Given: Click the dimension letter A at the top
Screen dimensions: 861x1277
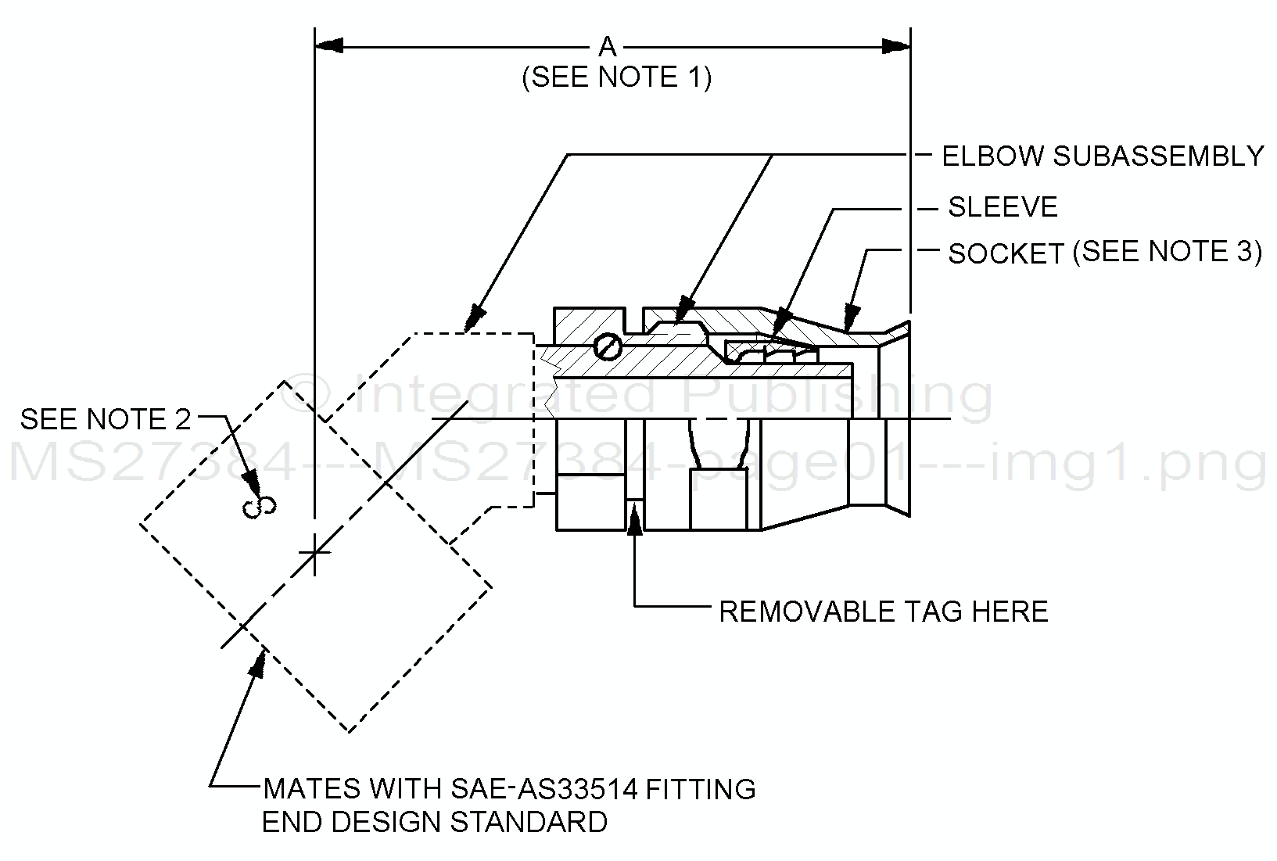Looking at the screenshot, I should point(608,48).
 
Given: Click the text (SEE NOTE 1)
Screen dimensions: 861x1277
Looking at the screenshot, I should point(617,77).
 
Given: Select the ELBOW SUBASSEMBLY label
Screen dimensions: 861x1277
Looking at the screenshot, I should point(1103,156).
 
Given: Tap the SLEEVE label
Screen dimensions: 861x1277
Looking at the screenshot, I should point(1003,207).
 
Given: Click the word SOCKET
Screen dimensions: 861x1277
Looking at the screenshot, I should point(1006,254).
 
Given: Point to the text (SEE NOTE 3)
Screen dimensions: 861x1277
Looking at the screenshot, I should point(1168,252).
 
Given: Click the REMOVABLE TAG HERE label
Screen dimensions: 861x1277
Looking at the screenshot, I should point(884,612).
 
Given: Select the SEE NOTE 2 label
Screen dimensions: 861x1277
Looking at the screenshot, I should point(106,420).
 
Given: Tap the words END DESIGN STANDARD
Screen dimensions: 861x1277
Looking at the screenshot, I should point(434,823).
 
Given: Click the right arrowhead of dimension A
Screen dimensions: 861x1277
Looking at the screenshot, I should point(896,46).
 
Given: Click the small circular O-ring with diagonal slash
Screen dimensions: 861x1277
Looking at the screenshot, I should point(607,346).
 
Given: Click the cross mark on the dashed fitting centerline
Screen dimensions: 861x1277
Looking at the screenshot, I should point(314,553).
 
